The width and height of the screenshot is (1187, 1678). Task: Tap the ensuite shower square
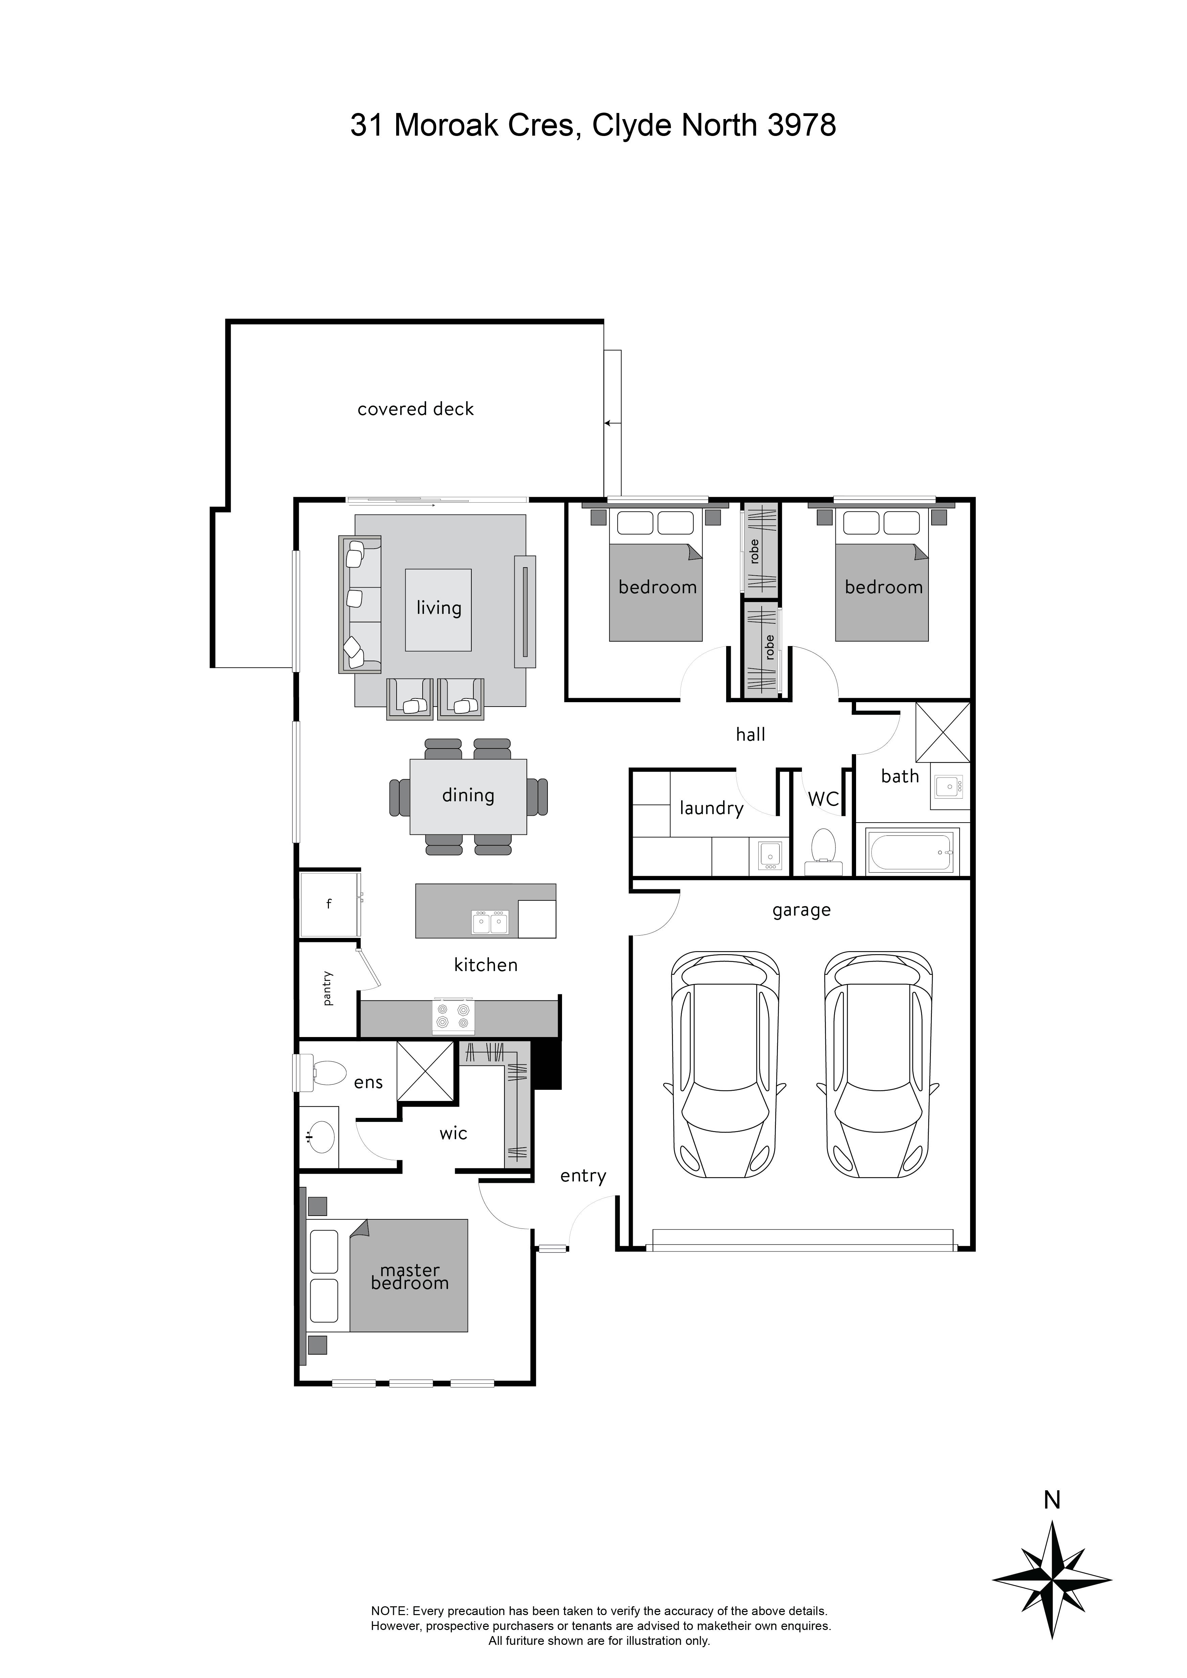coord(425,1072)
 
